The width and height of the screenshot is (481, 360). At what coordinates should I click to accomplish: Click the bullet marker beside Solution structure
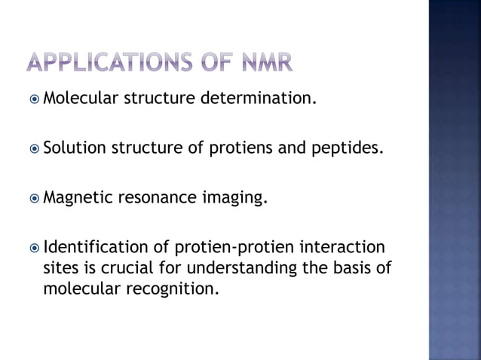point(34,147)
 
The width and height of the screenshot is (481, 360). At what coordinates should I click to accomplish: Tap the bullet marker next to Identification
point(34,247)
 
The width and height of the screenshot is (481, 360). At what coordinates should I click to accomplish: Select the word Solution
point(75,147)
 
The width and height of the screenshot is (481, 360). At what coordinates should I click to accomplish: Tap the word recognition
point(173,288)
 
